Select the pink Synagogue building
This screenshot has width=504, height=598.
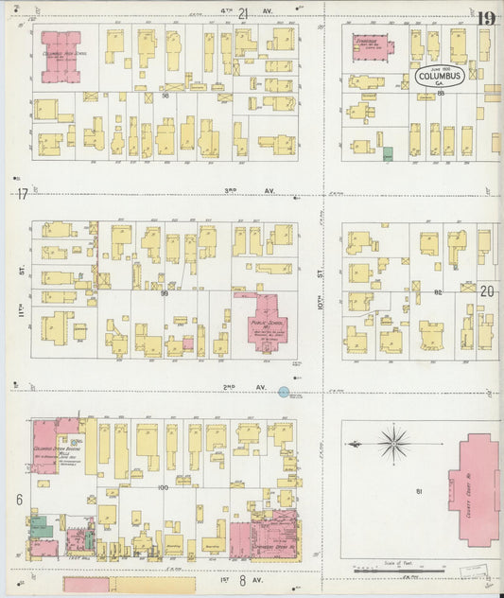[372, 47]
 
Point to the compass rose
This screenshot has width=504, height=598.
[391, 442]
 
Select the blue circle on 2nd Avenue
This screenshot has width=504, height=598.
[284, 392]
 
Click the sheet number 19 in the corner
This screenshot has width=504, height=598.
[486, 19]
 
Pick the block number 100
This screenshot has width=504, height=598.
[163, 486]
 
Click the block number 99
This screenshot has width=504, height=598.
[164, 293]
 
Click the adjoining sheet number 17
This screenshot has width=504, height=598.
[21, 193]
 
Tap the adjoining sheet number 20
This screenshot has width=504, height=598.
[487, 292]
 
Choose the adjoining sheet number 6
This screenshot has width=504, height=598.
[19, 498]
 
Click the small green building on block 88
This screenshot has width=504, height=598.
[387, 153]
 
